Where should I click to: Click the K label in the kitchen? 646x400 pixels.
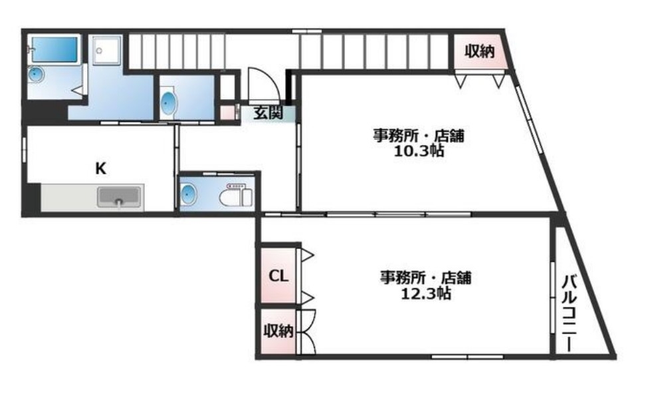[100, 168]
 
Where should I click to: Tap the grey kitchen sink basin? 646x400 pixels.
[120, 197]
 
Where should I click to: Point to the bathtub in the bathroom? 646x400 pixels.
[54, 49]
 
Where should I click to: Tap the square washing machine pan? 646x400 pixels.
[106, 51]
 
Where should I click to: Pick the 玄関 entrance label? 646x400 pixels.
[269, 112]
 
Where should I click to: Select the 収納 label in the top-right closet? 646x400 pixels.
[479, 52]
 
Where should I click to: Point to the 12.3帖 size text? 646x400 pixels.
[425, 292]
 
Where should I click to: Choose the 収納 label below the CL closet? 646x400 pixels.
[278, 331]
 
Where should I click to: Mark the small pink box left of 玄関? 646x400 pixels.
[227, 112]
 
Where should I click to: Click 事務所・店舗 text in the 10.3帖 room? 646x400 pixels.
[417, 136]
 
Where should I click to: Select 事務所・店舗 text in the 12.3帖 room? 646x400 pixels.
[425, 277]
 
